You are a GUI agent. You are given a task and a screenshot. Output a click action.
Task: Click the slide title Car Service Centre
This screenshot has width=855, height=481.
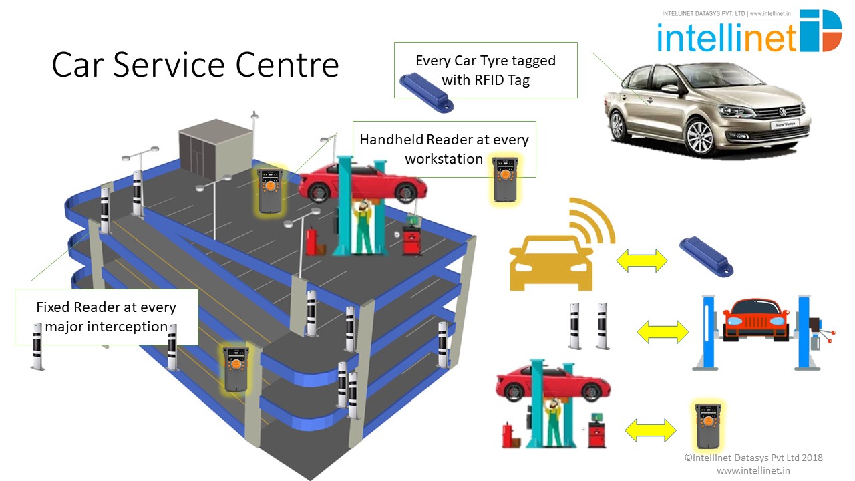coord(195,65)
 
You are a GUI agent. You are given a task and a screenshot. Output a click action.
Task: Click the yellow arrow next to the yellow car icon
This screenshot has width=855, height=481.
coord(641,261)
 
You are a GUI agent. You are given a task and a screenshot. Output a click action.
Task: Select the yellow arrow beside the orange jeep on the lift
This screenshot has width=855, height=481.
coord(663,331)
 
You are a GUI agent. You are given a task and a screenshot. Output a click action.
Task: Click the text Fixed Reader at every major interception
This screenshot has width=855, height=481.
coord(106,317)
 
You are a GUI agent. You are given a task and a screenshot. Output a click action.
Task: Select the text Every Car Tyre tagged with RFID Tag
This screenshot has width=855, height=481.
coord(485,70)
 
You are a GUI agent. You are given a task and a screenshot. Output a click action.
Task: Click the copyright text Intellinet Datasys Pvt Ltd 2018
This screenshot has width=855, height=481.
coord(753,458)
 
